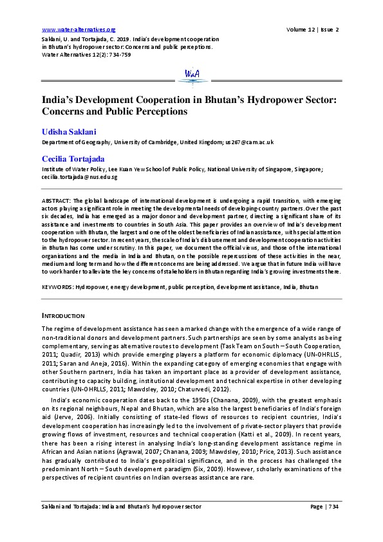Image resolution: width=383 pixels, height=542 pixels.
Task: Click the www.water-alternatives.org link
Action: [79, 30]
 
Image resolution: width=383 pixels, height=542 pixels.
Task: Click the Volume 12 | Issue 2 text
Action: [313, 30]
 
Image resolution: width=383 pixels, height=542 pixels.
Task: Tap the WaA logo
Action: [192, 75]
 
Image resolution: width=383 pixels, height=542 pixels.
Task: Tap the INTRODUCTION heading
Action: [64, 315]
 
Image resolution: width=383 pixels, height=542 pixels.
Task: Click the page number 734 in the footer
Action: [333, 525]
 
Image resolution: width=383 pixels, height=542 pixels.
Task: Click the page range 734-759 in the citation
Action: [117, 55]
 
